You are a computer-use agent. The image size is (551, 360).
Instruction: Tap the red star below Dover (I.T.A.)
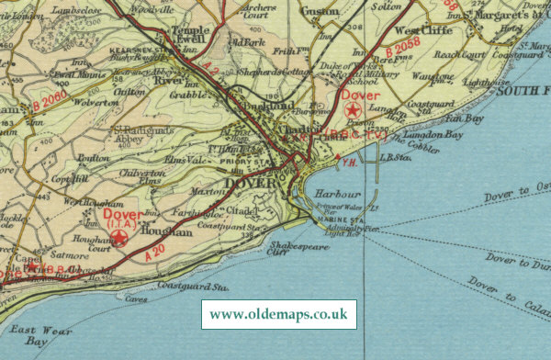pyautogui.click(x=120, y=239)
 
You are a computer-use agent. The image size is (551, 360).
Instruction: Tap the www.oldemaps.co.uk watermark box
pyautogui.click(x=278, y=314)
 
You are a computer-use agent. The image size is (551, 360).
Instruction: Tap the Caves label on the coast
pyautogui.click(x=137, y=299)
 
